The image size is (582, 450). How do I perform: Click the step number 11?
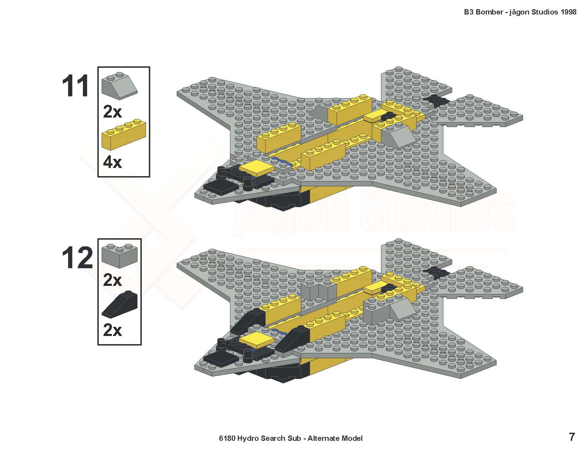point(75,86)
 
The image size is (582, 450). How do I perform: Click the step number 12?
point(77,258)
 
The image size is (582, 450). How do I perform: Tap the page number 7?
point(572,437)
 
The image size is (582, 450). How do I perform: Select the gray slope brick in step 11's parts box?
point(120,85)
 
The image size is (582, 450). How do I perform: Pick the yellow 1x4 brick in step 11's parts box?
point(124,134)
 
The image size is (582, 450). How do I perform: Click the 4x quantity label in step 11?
point(112,162)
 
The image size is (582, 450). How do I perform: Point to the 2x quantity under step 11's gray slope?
point(112,112)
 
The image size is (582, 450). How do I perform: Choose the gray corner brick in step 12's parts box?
point(120,256)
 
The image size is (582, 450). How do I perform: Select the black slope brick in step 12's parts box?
point(120,305)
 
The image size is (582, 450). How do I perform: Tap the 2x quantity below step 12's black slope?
point(112,330)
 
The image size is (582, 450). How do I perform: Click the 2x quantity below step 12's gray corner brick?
point(112,280)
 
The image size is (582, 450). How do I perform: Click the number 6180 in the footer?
point(227,438)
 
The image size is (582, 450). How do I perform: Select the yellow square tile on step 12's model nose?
point(256,340)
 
